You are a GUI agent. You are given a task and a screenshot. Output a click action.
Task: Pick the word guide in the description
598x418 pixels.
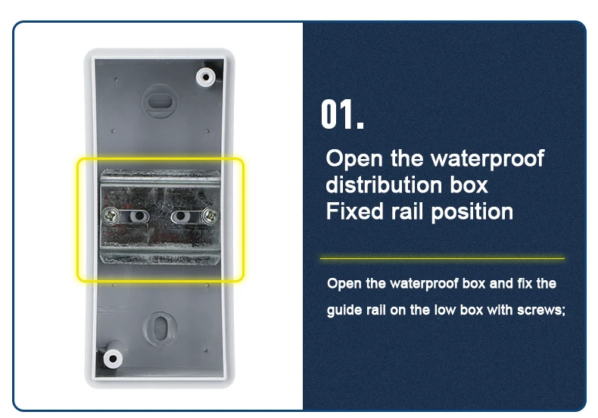(x=344, y=310)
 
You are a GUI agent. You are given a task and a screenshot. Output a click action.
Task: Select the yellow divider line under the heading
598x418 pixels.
(x=442, y=258)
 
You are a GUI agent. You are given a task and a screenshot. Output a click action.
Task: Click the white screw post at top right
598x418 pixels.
(x=205, y=76)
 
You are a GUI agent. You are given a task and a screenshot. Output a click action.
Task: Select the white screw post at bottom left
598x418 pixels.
(x=114, y=357)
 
